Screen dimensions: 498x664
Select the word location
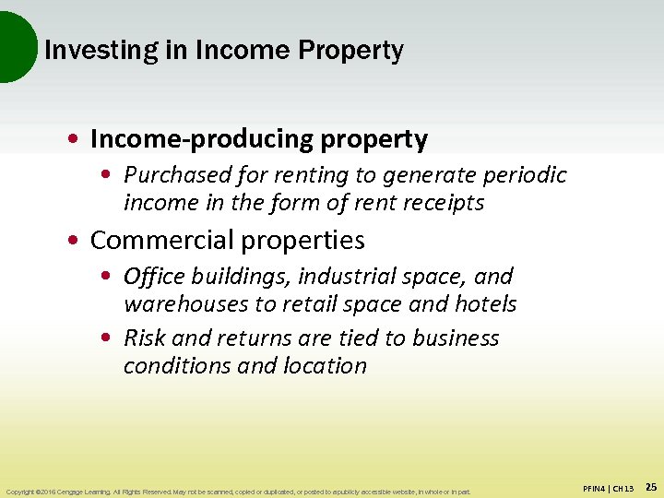click(326, 366)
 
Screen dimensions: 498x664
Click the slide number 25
click(651, 486)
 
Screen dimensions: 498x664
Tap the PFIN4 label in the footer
click(596, 487)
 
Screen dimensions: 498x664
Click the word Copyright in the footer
click(19, 492)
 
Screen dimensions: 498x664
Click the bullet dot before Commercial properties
click(74, 242)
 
